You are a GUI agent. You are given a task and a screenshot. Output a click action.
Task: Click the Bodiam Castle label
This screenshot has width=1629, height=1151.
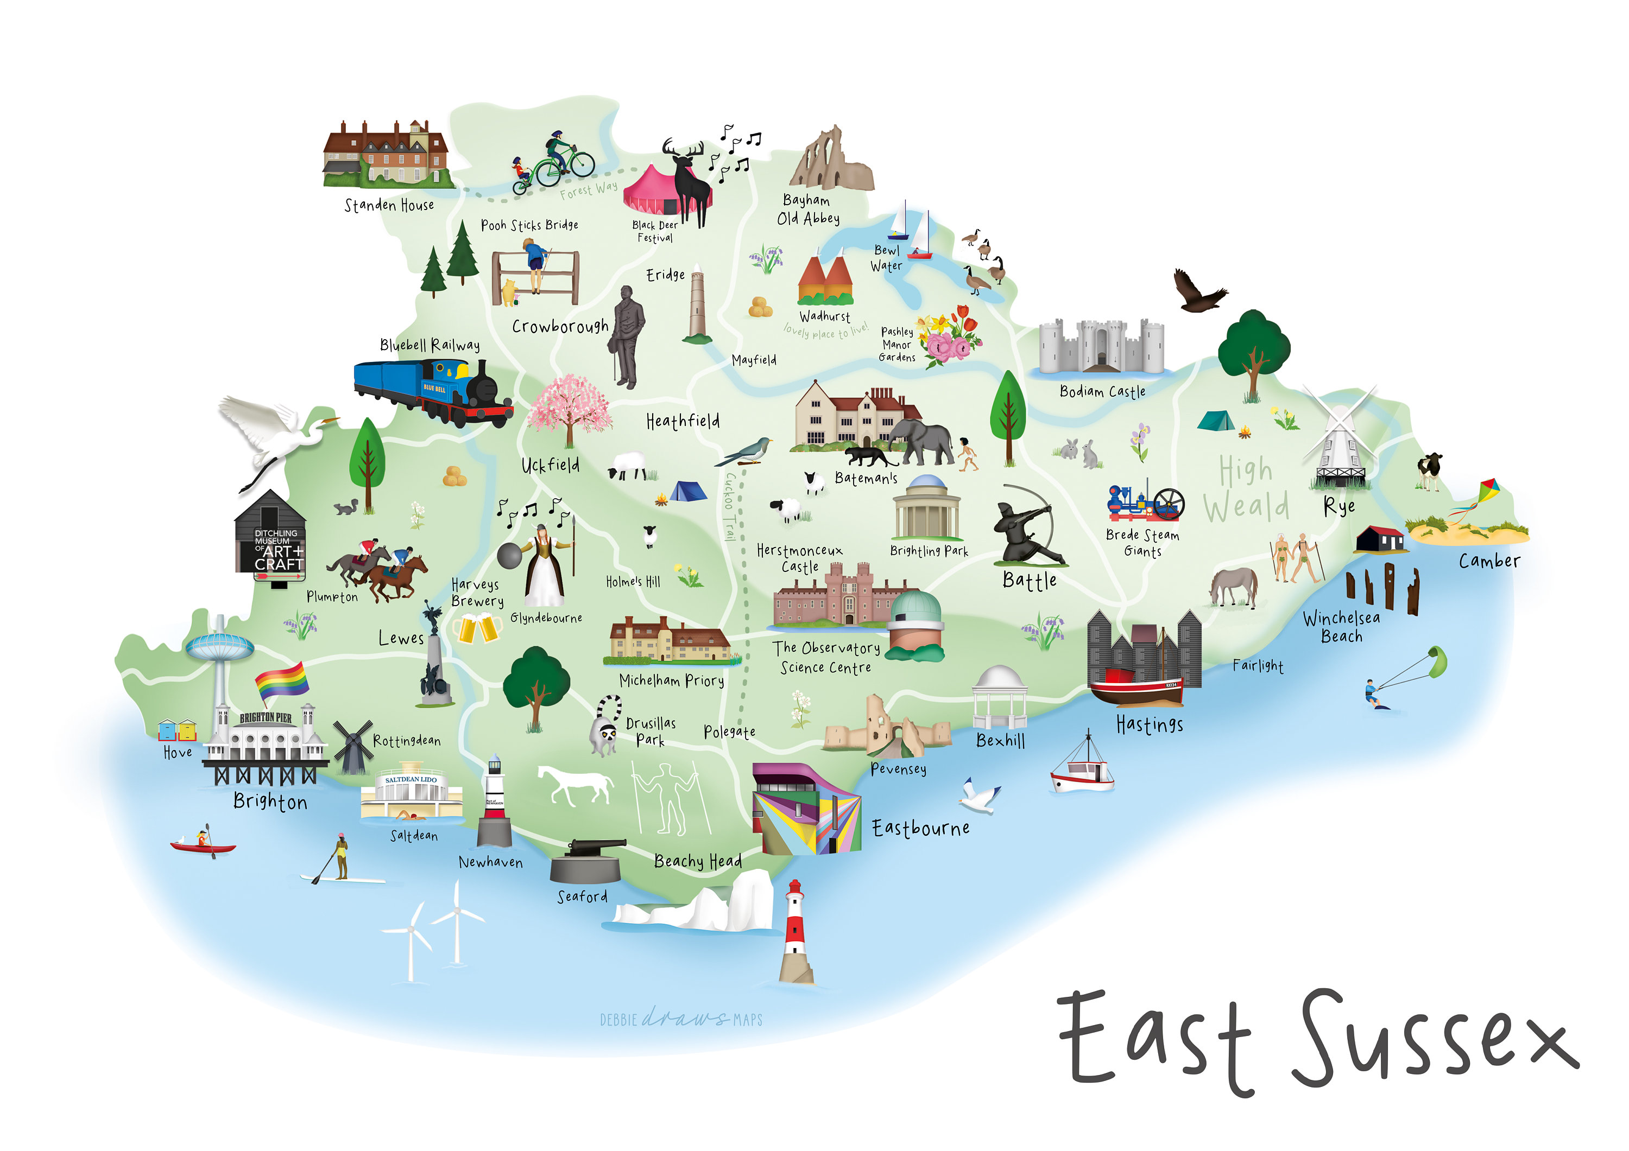click(x=1102, y=391)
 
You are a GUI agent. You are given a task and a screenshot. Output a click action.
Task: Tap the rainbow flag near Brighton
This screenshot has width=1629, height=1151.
click(x=282, y=682)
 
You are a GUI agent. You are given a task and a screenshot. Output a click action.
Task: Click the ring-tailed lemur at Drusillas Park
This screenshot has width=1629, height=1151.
click(x=607, y=727)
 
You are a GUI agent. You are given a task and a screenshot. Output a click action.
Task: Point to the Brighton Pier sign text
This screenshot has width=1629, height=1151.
click(x=266, y=718)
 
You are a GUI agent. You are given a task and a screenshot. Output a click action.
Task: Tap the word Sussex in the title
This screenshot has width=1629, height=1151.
click(x=1433, y=1042)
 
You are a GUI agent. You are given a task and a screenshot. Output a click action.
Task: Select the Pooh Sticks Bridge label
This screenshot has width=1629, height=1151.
click(x=529, y=225)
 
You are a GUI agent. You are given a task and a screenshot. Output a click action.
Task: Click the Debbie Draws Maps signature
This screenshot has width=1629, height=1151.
click(x=681, y=1019)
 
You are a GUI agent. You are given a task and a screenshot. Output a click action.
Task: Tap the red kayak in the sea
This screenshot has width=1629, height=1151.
click(x=203, y=846)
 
